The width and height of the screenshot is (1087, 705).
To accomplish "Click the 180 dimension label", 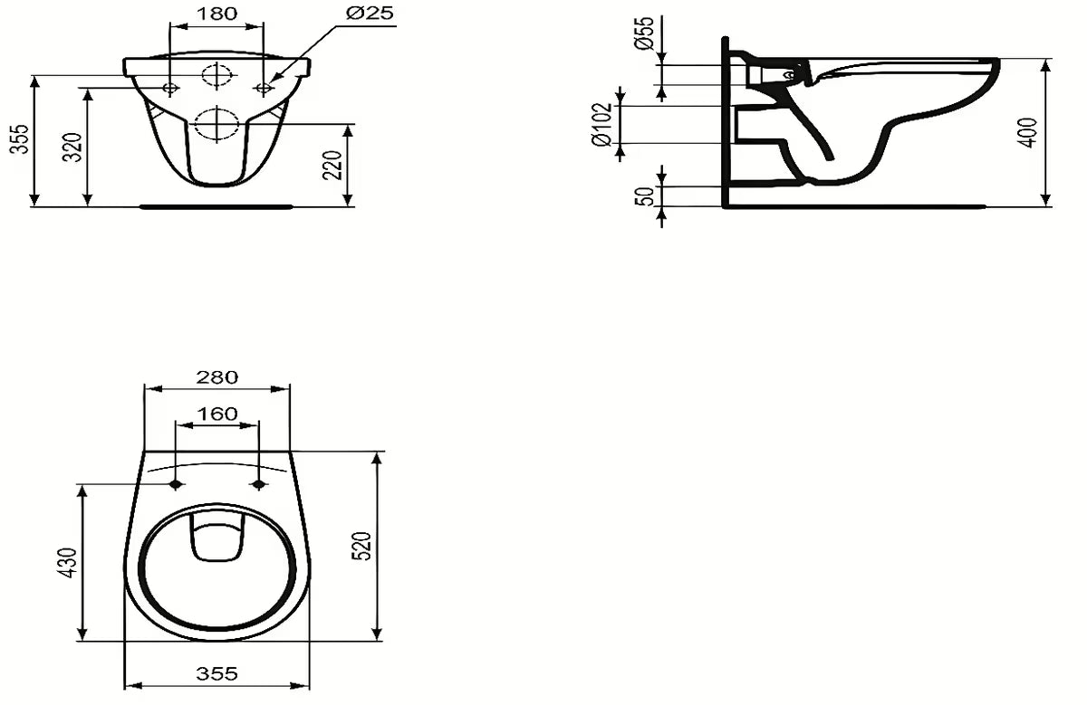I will click(217, 14).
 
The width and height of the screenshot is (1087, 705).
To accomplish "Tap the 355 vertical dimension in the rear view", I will click(19, 140).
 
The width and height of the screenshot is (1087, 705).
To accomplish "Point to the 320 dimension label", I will click(73, 146).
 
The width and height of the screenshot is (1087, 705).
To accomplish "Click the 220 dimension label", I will click(334, 165).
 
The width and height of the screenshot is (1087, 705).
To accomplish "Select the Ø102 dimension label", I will click(604, 123).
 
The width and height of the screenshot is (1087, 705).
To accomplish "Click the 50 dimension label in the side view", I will click(644, 196).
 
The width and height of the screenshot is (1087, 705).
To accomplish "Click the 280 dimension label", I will click(217, 376).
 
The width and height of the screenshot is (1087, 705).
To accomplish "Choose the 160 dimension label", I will click(217, 414).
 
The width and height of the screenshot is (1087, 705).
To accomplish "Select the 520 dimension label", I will click(361, 546).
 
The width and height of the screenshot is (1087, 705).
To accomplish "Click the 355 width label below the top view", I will click(217, 673).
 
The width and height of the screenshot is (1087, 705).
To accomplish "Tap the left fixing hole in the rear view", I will click(170, 88).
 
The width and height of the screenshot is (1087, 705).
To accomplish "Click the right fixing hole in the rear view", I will click(264, 88).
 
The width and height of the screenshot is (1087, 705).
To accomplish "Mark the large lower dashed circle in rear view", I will click(216, 123).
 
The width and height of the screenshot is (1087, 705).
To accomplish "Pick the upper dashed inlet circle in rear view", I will click(217, 76).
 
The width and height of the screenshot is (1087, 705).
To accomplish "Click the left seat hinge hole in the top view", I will click(175, 484).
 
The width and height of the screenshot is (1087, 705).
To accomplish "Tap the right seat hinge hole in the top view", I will click(259, 484).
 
